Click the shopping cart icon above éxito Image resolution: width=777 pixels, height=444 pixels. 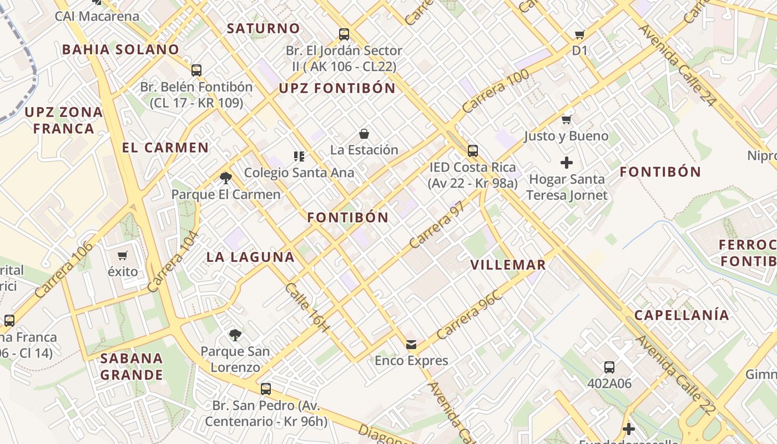point(122,256)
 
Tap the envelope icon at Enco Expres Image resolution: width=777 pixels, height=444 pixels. point(411,345)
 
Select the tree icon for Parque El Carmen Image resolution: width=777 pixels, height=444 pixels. point(225,178)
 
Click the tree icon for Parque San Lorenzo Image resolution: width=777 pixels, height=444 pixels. point(235,335)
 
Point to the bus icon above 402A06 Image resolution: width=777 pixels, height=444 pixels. point(609,367)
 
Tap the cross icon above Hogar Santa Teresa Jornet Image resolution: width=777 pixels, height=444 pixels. point(567,163)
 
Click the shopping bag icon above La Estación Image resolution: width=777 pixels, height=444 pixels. point(364,134)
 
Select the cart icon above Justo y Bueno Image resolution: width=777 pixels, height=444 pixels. point(567,119)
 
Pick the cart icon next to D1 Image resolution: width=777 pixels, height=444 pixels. point(580,35)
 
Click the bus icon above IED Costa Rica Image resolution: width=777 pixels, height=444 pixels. point(473,150)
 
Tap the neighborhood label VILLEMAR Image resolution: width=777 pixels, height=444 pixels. point(508,265)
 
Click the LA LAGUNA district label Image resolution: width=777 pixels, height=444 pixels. point(250,257)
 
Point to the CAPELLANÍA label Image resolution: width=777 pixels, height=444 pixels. point(682,315)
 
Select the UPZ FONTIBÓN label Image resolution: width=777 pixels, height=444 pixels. point(337,88)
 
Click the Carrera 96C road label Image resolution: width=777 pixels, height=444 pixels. point(469,315)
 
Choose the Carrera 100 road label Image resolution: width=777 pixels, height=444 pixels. point(495,92)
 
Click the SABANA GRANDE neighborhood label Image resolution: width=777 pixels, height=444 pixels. point(132,366)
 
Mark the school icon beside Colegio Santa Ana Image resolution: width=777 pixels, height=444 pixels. point(299,156)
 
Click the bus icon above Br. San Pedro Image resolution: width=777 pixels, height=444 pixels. point(266,389)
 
